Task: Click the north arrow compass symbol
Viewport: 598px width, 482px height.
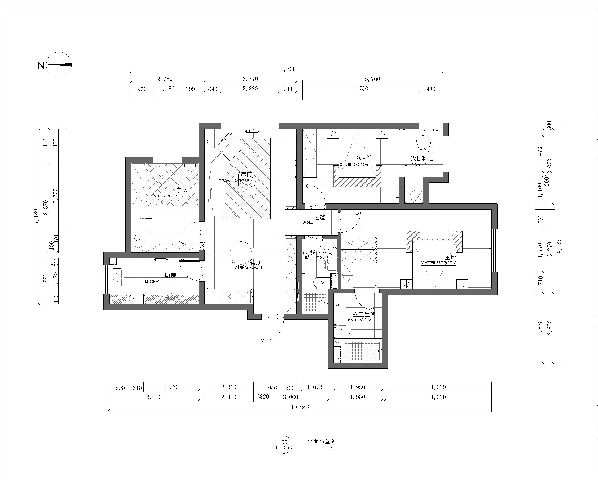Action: (x=59, y=65)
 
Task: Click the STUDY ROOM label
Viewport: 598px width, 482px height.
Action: (x=167, y=196)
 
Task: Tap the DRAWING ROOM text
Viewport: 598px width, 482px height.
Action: (x=235, y=181)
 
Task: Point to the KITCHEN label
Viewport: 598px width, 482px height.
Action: (x=152, y=282)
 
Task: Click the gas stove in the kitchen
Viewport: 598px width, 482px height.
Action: (x=171, y=297)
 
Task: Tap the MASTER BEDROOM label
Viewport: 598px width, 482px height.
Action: (x=438, y=263)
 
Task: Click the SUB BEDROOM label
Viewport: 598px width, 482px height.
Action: (x=354, y=165)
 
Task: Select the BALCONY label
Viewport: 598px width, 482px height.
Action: (x=413, y=165)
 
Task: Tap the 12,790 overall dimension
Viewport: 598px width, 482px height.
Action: (x=287, y=69)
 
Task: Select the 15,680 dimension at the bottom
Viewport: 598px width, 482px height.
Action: (x=300, y=407)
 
